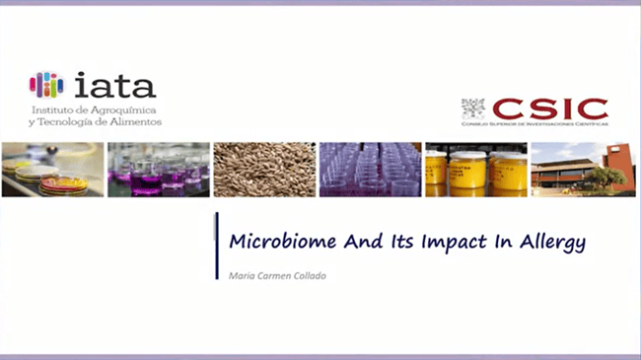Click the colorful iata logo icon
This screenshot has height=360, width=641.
pyautogui.click(x=45, y=84)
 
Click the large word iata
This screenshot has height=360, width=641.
pyautogui.click(x=111, y=83)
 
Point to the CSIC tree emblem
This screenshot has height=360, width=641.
pyautogui.click(x=474, y=108)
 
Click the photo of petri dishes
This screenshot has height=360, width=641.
pyautogui.click(x=52, y=170)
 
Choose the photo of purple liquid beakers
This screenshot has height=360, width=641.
pyautogui.click(x=158, y=170)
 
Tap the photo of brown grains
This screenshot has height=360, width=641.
pyautogui.click(x=263, y=170)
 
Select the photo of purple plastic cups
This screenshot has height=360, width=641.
pyautogui.click(x=369, y=170)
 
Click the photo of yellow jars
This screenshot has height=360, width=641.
pyautogui.click(x=475, y=170)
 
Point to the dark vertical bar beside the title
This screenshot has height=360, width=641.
pyautogui.click(x=216, y=246)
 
